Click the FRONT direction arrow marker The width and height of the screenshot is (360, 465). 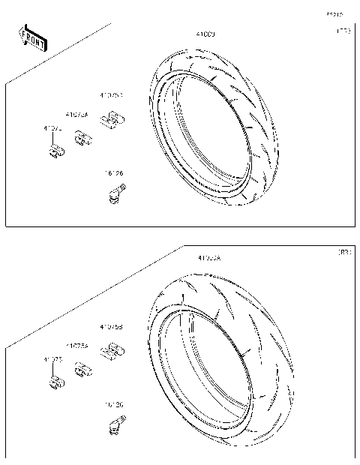click(x=32, y=39)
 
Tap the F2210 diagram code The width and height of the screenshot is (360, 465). click(x=334, y=13)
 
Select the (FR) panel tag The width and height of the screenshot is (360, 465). click(x=343, y=31)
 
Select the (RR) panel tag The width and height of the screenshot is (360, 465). click(x=343, y=253)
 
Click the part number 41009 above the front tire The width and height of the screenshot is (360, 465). click(x=205, y=34)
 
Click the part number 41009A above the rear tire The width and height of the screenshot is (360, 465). click(x=209, y=257)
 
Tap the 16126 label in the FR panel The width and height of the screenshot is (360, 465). click(x=114, y=173)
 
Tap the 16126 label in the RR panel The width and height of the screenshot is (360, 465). click(x=114, y=404)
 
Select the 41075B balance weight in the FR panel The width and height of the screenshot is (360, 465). click(x=112, y=118)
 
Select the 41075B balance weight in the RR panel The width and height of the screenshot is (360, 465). click(x=112, y=349)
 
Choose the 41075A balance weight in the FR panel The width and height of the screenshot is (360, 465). click(x=83, y=137)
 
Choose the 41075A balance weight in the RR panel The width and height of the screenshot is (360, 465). click(x=83, y=368)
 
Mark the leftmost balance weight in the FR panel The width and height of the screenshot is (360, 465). click(x=55, y=152)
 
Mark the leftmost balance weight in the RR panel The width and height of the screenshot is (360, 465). click(x=55, y=383)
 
